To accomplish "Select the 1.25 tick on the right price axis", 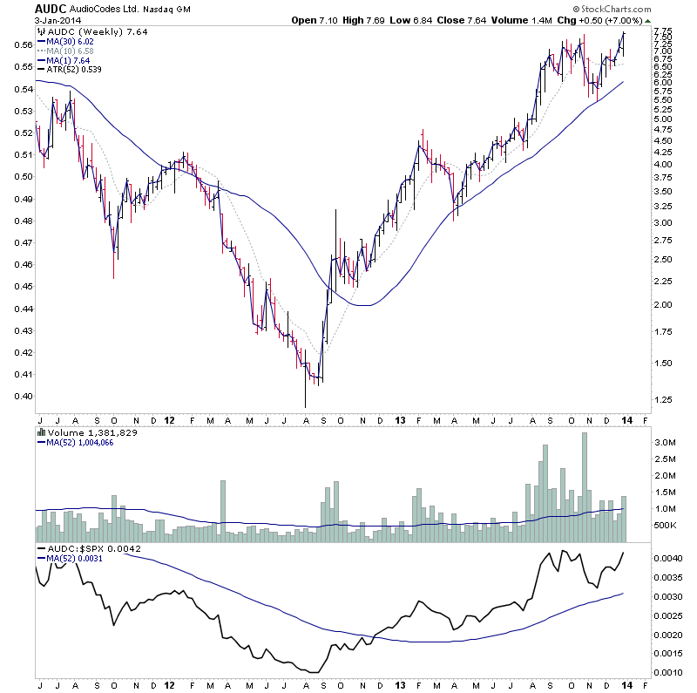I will [x=661, y=399].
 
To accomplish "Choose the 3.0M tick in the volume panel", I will [x=664, y=443].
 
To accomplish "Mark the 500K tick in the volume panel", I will [x=664, y=526].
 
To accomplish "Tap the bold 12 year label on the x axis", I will [x=170, y=418].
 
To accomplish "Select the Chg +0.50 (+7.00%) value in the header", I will [x=647, y=20].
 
